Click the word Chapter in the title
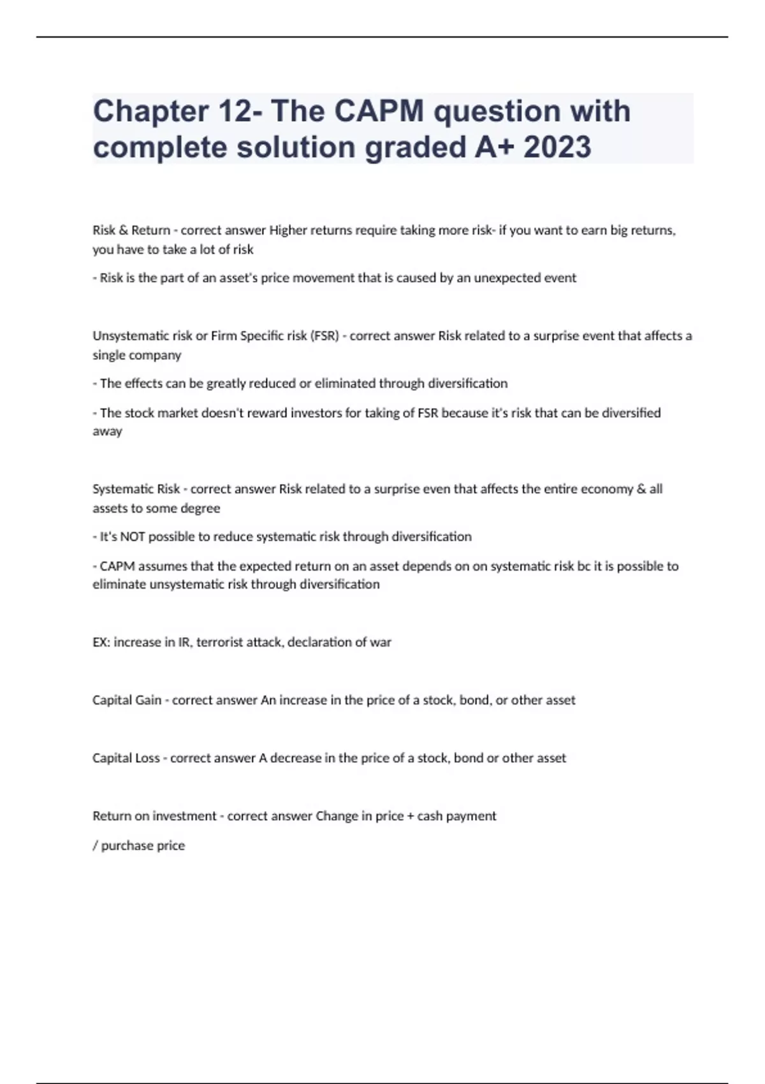[x=150, y=112]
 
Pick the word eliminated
[x=345, y=383]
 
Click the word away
[x=107, y=432]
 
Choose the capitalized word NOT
[x=133, y=537]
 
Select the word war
[x=381, y=642]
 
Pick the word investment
[x=184, y=816]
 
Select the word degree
[x=200, y=508]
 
